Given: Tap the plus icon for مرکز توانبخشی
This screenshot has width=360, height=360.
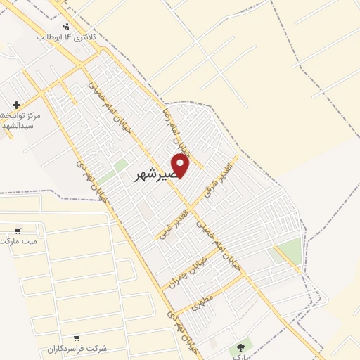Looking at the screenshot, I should point(16,105).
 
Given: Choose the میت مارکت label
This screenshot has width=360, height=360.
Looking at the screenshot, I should point(19,240).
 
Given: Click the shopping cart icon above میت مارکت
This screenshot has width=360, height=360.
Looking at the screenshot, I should point(18,230).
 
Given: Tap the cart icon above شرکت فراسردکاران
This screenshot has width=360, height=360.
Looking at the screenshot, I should point(76,337).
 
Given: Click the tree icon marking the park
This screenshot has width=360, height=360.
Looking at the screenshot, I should point(241,346).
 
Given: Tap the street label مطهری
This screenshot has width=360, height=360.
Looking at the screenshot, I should point(200,301).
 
